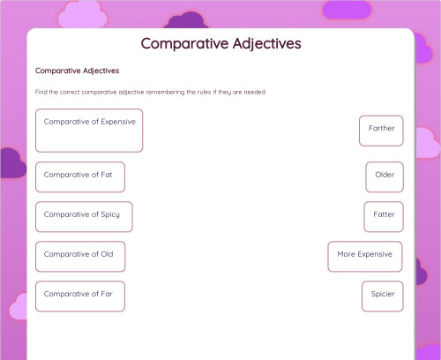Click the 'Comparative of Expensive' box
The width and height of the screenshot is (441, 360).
[89, 130]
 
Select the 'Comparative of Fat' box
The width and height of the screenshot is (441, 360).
[79, 176]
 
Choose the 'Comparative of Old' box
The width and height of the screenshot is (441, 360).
[79, 256]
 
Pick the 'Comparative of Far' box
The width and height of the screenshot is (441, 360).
[79, 296]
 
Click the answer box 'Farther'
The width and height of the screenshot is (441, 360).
[381, 130]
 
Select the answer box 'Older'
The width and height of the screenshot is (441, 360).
[385, 176]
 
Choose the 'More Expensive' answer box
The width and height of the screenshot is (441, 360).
[364, 256]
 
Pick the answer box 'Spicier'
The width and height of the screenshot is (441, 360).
[383, 296]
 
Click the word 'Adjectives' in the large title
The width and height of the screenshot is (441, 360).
[259, 43]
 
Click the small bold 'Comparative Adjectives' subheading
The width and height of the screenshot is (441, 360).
[77, 71]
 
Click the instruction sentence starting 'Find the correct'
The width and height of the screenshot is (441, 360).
[150, 92]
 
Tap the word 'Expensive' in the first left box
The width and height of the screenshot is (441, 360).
[118, 122]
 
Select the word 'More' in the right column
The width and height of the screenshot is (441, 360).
[345, 254]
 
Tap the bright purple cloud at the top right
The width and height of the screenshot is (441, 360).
[347, 10]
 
